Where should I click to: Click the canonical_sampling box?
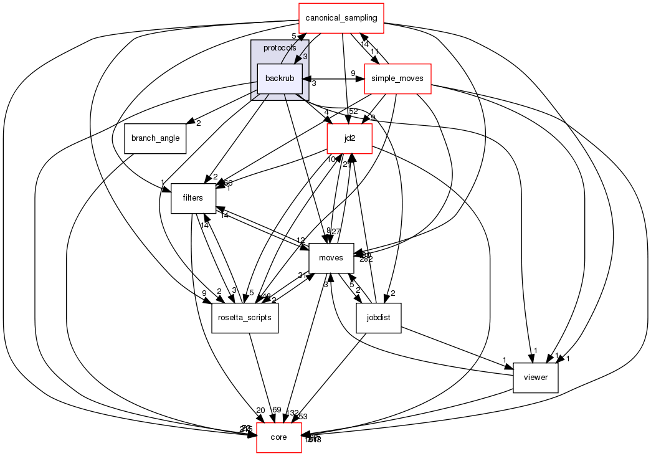point(341,18)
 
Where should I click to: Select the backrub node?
point(280,78)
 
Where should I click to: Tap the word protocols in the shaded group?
point(280,48)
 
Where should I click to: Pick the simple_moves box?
point(397,78)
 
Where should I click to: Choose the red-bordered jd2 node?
point(350,139)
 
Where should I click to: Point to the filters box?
point(189,199)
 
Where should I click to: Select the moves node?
point(331,258)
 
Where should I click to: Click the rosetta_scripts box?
point(245,318)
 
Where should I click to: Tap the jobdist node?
point(378,318)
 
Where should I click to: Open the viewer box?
point(535,378)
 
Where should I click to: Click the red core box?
point(279,438)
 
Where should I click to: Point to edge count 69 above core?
point(277,409)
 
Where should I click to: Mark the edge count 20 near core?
point(260,410)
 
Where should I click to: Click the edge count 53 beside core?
point(303,416)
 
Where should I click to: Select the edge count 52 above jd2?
point(353,112)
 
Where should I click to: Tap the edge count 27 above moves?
point(336,232)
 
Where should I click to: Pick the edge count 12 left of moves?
point(301,240)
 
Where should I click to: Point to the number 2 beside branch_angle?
point(198,123)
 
